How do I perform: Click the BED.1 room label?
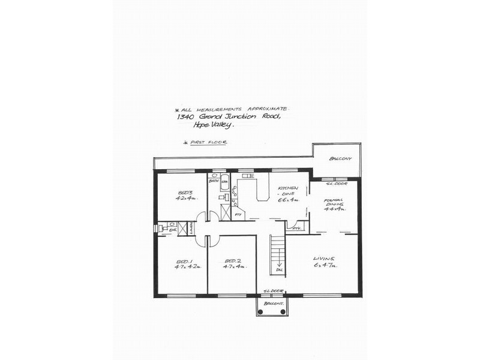[x=183, y=261]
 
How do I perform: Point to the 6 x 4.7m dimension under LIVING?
[x=325, y=265]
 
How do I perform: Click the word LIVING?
[x=324, y=258]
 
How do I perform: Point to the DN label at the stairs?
[x=279, y=270]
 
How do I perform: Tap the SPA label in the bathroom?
[x=224, y=181]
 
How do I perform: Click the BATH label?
[x=213, y=181]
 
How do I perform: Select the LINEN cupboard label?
[x=190, y=229]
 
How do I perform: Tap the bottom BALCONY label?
[x=272, y=303]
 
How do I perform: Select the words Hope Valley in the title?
[x=214, y=124]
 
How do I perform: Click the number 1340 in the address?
[x=185, y=117]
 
